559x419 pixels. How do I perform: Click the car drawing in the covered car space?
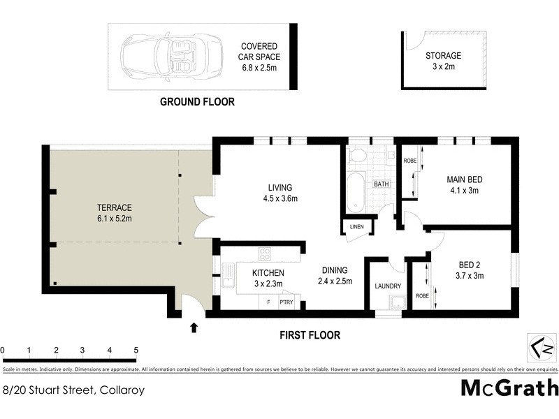click(x=161, y=57)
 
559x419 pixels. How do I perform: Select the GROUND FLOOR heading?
click(x=197, y=102)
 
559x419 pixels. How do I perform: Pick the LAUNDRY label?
click(x=387, y=286)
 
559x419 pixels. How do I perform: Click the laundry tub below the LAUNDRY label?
click(x=396, y=303)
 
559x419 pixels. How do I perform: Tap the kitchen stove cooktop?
click(x=266, y=253)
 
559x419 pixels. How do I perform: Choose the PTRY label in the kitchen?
click(x=286, y=303)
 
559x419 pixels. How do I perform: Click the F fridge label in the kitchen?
click(x=268, y=303)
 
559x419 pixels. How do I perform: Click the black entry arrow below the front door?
click(x=194, y=327)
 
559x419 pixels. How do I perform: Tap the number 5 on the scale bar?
click(x=136, y=350)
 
